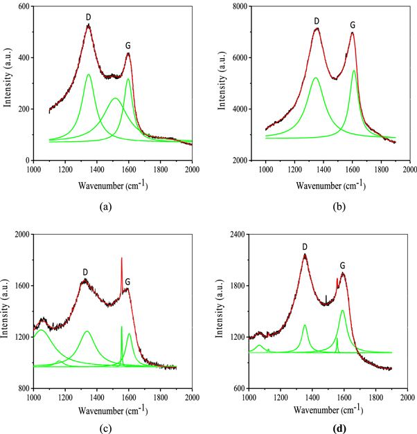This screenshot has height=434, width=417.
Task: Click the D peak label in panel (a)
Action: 88,17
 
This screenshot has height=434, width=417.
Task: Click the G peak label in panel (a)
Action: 128,46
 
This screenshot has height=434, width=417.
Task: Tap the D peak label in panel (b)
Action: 316,21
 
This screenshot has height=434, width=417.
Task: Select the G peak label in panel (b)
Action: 353,25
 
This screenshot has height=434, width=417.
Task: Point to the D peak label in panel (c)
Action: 85,271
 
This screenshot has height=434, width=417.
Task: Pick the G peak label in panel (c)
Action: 127,282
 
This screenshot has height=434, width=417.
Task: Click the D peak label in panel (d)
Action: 305,246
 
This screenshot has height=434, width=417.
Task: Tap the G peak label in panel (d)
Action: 342,265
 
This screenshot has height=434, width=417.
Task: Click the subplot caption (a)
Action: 105,206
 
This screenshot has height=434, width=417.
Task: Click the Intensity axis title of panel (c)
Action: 7,311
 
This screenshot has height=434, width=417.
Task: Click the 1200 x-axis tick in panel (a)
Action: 64,168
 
